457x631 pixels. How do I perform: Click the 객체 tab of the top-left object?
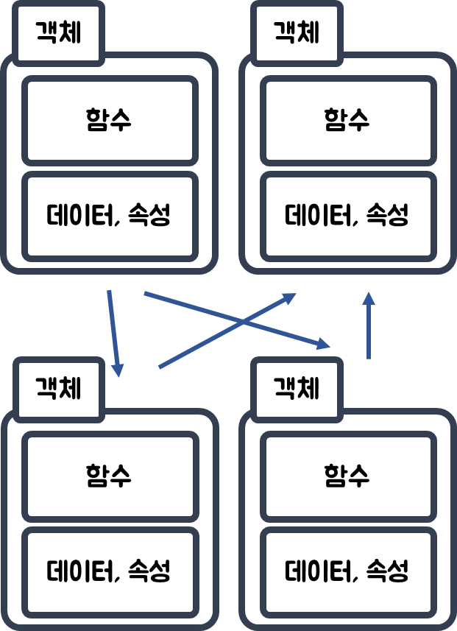pyautogui.click(x=59, y=32)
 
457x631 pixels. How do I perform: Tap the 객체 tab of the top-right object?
pyautogui.click(x=297, y=32)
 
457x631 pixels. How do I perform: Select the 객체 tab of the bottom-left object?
pyautogui.click(x=59, y=388)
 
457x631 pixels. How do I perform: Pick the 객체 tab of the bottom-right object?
pyautogui.click(x=297, y=388)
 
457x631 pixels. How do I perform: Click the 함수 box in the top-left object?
pyautogui.click(x=110, y=120)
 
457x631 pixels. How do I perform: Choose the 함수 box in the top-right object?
pyautogui.click(x=347, y=120)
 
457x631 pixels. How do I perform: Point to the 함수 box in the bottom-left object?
pyautogui.click(x=110, y=476)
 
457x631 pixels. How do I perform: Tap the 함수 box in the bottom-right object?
pyautogui.click(x=347, y=476)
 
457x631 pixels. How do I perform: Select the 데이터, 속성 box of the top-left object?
pyautogui.click(x=110, y=216)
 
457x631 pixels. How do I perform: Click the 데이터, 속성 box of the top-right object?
pyautogui.click(x=347, y=216)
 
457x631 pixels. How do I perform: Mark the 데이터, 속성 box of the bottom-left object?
pyautogui.click(x=110, y=571)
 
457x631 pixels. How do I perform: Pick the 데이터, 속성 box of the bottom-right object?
pyautogui.click(x=347, y=571)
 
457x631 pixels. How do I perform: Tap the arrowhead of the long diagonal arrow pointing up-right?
pyautogui.click(x=288, y=298)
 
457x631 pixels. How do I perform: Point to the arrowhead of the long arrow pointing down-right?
pyautogui.click(x=322, y=342)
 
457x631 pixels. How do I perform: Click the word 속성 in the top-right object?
pyautogui.click(x=387, y=216)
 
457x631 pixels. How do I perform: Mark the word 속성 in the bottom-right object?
pyautogui.click(x=387, y=571)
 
